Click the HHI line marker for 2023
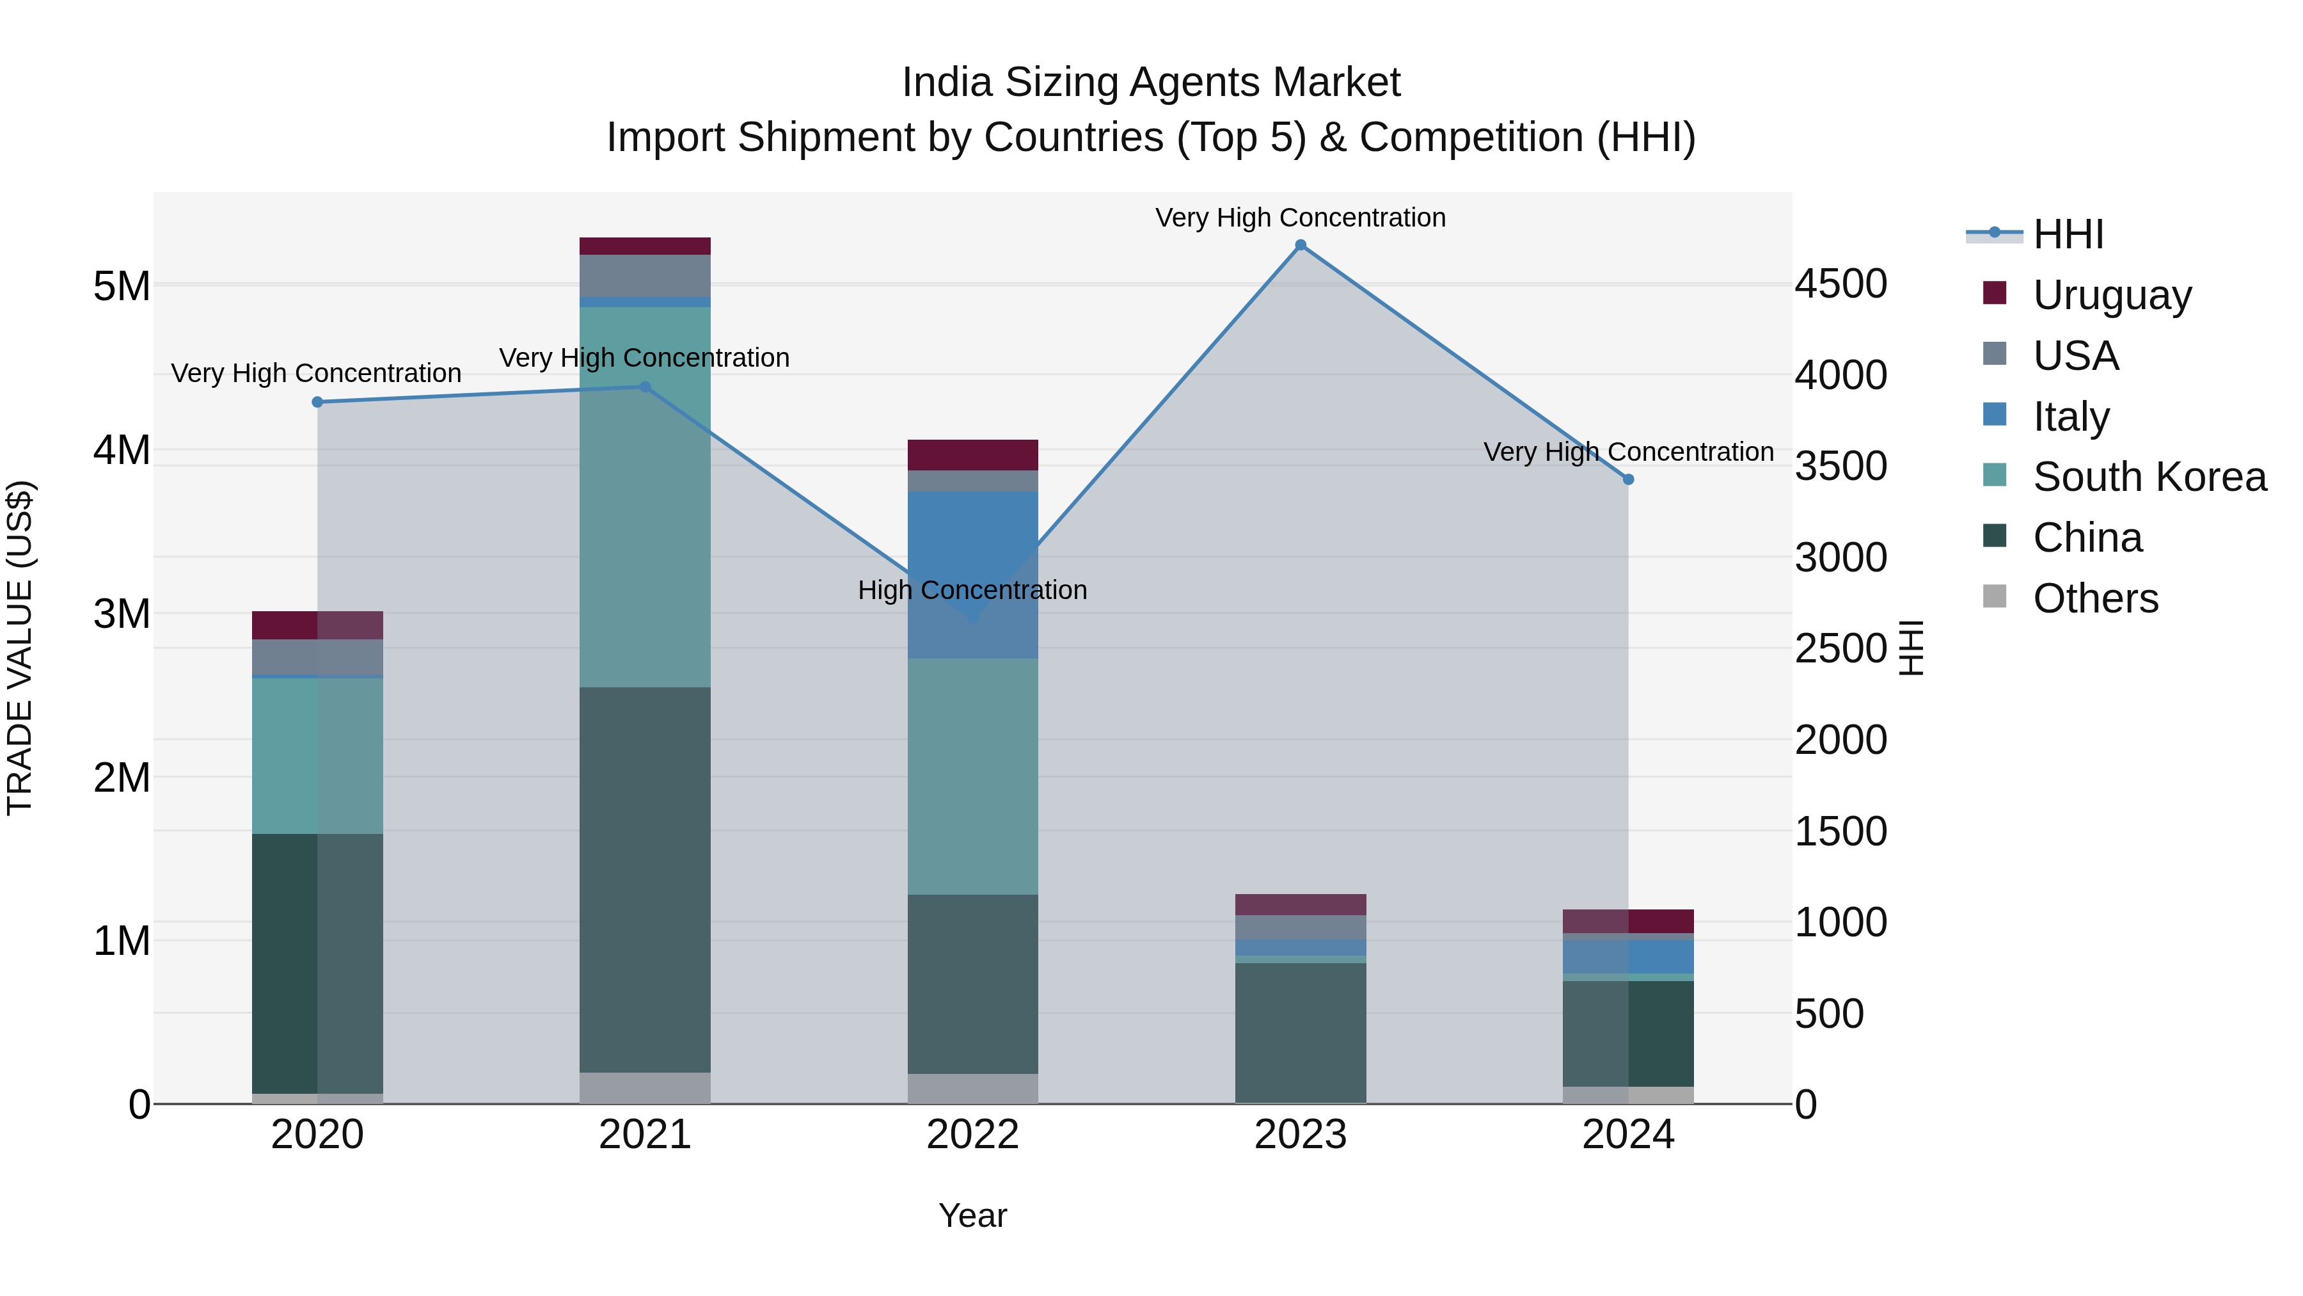pos(1301,245)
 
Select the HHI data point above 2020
pos(317,403)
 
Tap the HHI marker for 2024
pos(1628,479)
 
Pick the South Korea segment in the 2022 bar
pos(972,776)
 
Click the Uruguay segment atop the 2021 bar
pos(645,246)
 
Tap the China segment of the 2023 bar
pos(1301,1032)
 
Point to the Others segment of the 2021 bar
pos(645,1087)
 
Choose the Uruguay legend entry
pos(2111,295)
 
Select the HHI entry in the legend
pos(2067,234)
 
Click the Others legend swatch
pos(1995,596)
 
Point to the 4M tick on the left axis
pos(122,450)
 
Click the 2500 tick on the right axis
pos(1840,650)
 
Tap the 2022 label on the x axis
pos(972,1135)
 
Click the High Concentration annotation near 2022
pos(972,590)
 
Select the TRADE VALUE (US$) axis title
pos(20,648)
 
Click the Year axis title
pos(972,1215)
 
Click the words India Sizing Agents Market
pos(1151,83)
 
